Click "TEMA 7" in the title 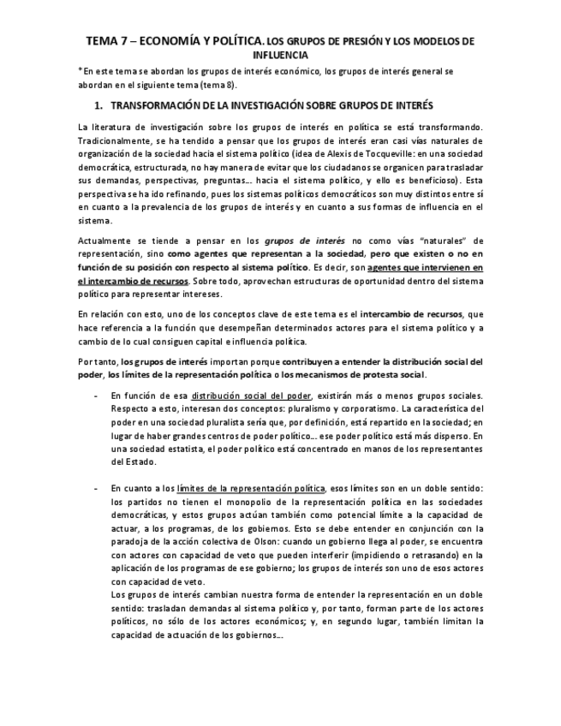pos(105,40)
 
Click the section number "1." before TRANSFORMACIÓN pos(98,105)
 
